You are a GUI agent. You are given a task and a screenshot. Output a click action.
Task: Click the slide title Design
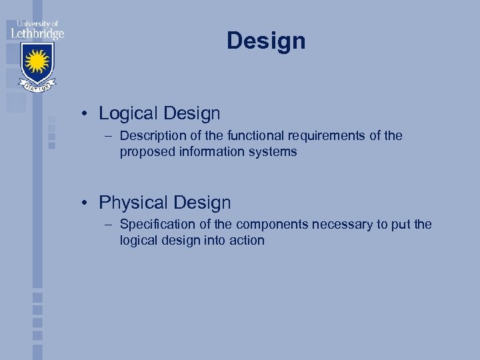(x=266, y=41)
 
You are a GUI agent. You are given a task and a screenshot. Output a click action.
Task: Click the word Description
(x=155, y=136)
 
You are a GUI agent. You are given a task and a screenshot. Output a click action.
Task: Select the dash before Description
(x=109, y=136)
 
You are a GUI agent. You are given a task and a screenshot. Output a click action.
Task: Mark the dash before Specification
(x=109, y=225)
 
